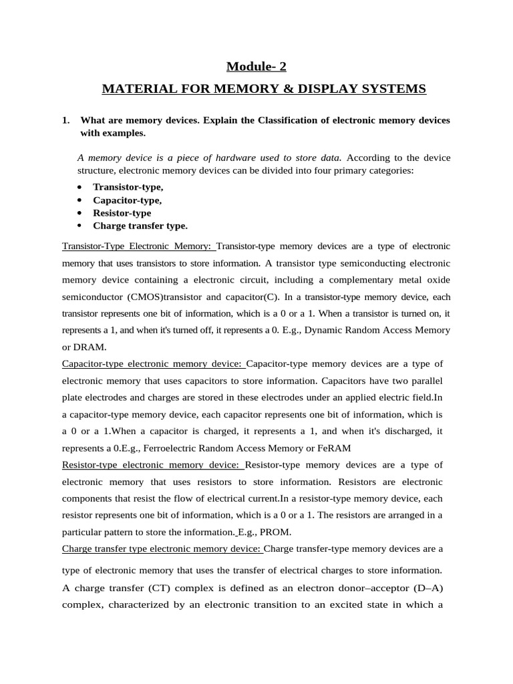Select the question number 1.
[65, 120]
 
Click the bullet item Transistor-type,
[128, 187]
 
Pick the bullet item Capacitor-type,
[127, 200]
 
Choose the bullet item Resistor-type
[122, 213]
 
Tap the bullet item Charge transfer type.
[140, 226]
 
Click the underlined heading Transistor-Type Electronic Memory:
[139, 246]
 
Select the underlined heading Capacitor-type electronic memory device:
[154, 364]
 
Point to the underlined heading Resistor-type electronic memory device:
[153, 465]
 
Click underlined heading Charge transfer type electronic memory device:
[162, 549]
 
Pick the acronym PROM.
[276, 532]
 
